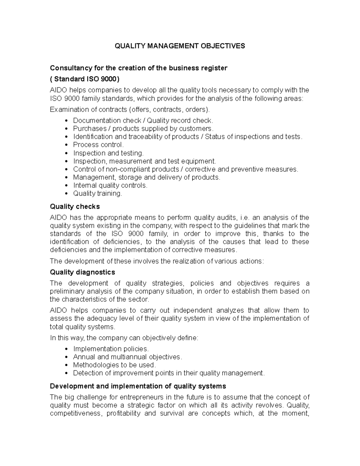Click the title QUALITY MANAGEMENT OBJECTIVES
tap(180, 46)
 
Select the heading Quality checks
tap(75, 207)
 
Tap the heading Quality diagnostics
tap(82, 272)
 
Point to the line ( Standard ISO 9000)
tap(85, 79)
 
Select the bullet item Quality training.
tap(97, 194)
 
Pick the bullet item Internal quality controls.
tap(110, 185)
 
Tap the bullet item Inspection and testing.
tap(108, 153)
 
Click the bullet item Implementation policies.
tap(111, 349)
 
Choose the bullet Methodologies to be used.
tap(114, 365)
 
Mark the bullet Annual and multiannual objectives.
tap(127, 357)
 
